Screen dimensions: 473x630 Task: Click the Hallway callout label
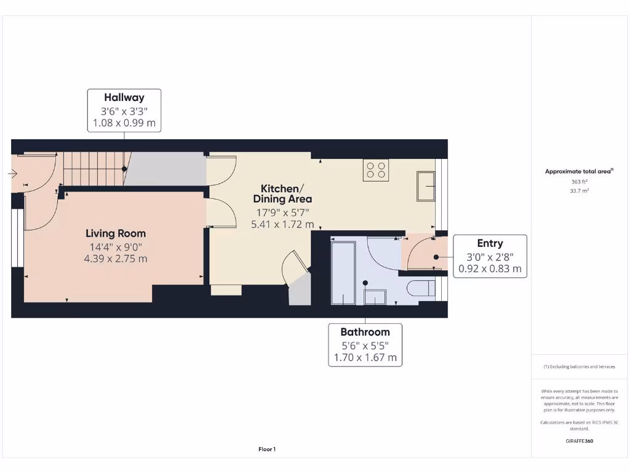[124, 110]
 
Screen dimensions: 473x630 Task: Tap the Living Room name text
[116, 233]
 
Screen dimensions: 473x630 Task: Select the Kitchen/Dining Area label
[282, 193]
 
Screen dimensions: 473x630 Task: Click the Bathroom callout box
[365, 345]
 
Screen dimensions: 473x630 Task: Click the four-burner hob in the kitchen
[375, 170]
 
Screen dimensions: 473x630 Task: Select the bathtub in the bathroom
[343, 273]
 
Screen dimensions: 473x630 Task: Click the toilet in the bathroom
[421, 288]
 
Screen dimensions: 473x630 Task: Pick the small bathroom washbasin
[375, 296]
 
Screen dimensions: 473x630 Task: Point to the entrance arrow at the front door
[13, 174]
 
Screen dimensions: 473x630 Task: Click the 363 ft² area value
[579, 182]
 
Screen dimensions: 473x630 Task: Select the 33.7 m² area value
[579, 191]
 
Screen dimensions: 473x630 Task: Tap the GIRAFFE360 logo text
[579, 441]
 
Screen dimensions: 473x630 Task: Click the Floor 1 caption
[267, 450]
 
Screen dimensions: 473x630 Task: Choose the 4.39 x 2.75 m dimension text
[116, 259]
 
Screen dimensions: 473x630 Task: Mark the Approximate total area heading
[579, 172]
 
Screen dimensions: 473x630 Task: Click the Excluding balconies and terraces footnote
[579, 366]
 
